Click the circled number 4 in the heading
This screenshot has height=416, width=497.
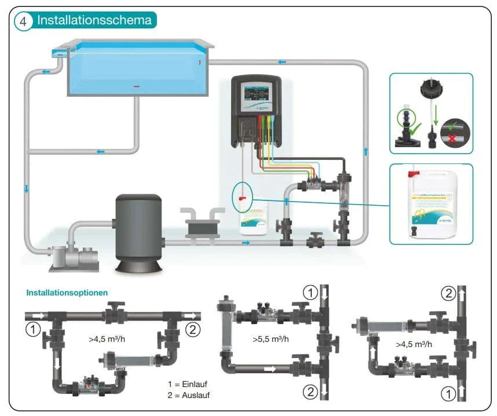(x=23, y=21)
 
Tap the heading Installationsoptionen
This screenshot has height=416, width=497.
(x=67, y=293)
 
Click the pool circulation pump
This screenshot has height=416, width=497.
(x=72, y=255)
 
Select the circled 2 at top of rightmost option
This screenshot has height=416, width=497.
(x=448, y=293)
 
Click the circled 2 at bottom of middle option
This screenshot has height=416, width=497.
(x=312, y=392)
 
